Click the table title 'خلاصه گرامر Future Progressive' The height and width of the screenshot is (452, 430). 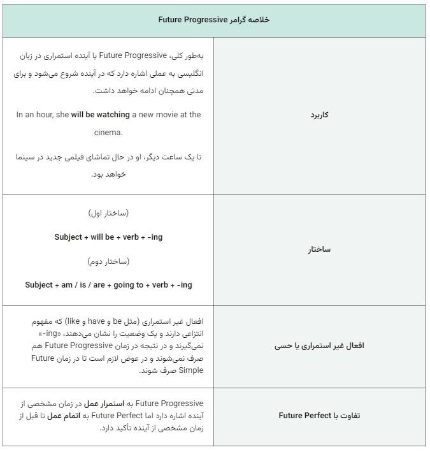[214, 20]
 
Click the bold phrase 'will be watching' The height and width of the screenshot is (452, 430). [100, 115]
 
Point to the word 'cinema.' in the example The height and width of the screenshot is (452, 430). [108, 133]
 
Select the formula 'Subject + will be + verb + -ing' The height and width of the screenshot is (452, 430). [108, 237]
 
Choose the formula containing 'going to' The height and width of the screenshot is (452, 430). [108, 285]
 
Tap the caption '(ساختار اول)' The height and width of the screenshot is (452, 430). [108, 213]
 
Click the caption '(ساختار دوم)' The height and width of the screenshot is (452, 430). [108, 261]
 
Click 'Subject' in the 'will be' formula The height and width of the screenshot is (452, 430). [68, 237]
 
